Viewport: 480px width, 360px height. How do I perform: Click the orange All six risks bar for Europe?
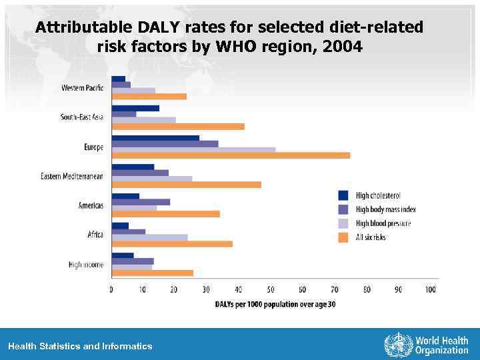231,155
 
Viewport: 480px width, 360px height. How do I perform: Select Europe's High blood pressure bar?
193,149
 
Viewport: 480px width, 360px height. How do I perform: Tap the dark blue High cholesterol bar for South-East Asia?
135,108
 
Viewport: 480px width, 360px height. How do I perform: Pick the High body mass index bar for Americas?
141,202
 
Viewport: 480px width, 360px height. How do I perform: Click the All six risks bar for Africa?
172,243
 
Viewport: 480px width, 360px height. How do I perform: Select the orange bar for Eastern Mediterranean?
186,185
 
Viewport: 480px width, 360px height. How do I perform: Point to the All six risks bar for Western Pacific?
149,97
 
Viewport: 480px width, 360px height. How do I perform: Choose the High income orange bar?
152,273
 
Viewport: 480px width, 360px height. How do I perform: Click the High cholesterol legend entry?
377,195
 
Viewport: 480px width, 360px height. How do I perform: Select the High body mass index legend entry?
385,209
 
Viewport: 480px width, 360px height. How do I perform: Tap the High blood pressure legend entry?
383,223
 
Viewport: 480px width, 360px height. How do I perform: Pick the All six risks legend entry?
370,237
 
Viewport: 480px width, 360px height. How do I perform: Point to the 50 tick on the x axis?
271,289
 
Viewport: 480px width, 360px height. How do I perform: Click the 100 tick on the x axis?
430,289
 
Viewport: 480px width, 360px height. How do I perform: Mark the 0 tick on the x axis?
111,289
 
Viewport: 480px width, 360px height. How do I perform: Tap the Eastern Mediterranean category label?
72,176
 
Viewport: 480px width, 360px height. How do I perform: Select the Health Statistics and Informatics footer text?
80,346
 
